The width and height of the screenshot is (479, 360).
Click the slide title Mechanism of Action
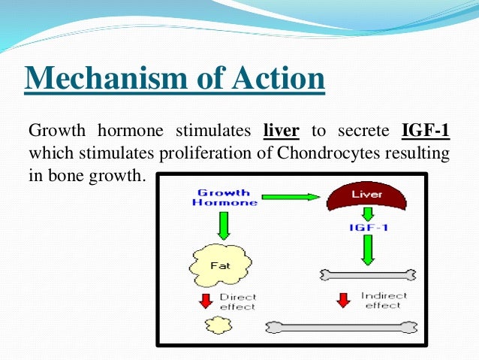[175, 78]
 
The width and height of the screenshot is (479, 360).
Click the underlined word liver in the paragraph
[282, 132]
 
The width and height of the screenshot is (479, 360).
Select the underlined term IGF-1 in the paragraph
[425, 132]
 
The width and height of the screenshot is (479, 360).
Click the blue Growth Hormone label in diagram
[224, 197]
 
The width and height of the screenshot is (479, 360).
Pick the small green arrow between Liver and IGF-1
[367, 213]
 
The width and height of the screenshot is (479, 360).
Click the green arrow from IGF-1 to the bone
[367, 249]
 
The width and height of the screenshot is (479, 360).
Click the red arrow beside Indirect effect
[343, 300]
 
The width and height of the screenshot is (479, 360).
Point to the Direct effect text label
[237, 301]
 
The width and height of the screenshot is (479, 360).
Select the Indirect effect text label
[383, 300]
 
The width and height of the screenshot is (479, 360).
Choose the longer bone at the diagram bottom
[342, 327]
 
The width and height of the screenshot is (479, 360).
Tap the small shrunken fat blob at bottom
[218, 324]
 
